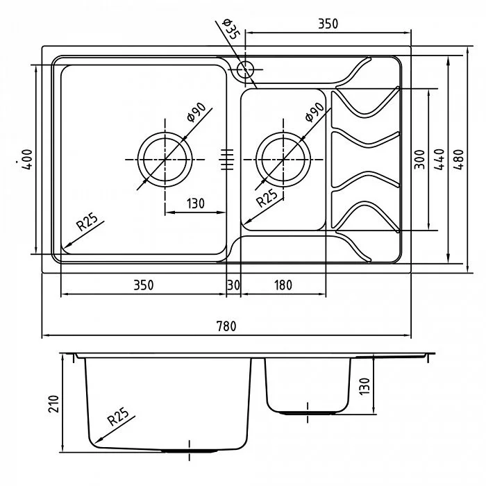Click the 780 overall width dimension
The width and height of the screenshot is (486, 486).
point(226,326)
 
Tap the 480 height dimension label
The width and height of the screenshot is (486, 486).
point(459,159)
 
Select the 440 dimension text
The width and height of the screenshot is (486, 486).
point(439,159)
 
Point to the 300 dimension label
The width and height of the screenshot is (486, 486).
point(419,159)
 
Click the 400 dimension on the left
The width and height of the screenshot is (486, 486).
point(27,159)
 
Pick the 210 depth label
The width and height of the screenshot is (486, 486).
point(53,404)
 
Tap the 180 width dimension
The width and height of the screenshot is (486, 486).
point(283,285)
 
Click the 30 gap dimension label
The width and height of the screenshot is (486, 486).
point(233,285)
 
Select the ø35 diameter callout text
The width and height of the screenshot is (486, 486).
point(231,29)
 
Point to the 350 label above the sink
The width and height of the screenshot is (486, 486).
point(328,24)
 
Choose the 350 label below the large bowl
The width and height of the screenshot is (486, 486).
point(144,285)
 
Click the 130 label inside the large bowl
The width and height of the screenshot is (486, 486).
point(196,203)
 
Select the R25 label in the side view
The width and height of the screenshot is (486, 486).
point(118,417)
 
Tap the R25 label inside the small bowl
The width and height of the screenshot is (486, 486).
point(267,198)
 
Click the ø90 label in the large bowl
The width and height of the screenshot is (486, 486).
point(196,112)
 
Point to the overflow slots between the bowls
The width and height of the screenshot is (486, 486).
point(227,159)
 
